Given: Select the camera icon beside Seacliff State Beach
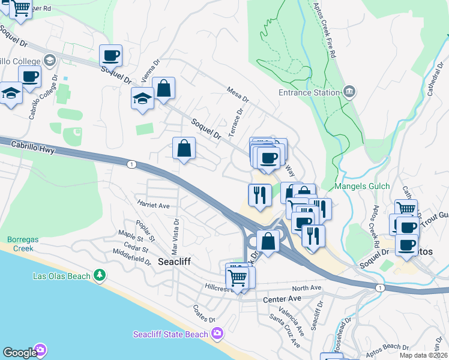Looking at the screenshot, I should tap(217, 334).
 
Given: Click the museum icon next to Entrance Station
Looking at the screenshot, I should tap(349, 92).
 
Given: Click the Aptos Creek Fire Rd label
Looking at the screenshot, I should tap(324, 30).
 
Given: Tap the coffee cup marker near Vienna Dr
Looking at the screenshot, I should tap(110, 56).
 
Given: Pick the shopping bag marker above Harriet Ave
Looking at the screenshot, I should tap(184, 149).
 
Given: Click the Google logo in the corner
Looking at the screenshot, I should tap(19, 353).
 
